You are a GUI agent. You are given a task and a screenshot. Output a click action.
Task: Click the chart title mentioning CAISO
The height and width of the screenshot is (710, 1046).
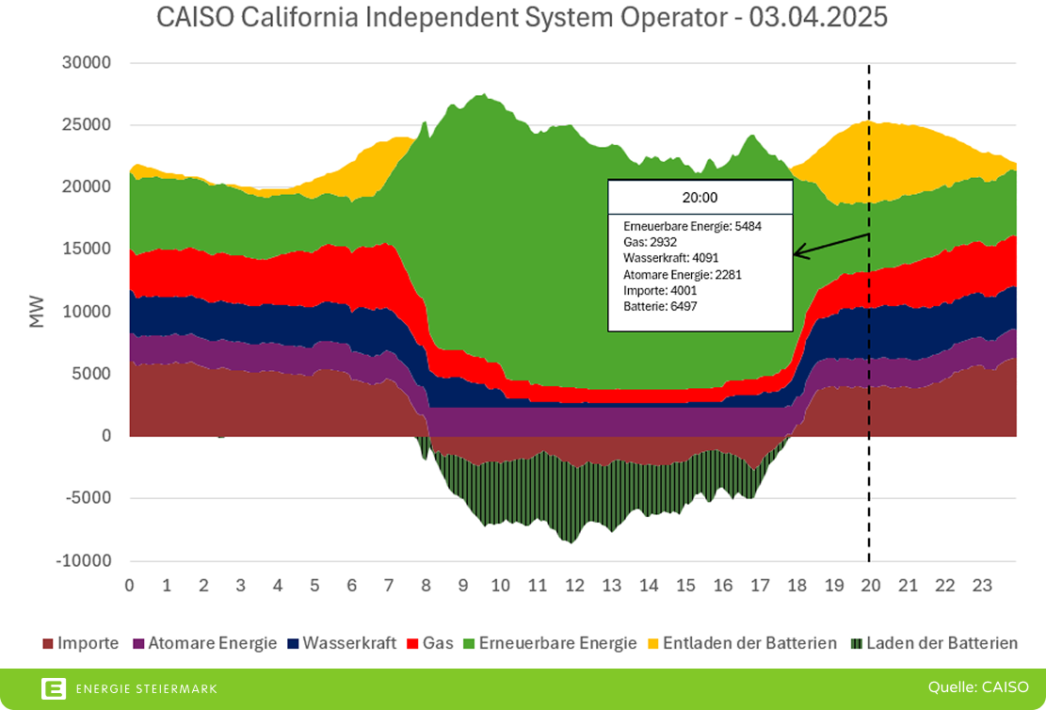[x=523, y=18]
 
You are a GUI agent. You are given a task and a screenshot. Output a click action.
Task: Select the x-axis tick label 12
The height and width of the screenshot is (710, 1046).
[x=574, y=586]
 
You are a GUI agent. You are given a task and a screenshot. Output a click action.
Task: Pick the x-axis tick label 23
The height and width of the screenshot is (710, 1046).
[x=982, y=586]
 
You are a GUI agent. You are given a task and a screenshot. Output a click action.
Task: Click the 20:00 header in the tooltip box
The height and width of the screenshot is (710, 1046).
[x=700, y=197]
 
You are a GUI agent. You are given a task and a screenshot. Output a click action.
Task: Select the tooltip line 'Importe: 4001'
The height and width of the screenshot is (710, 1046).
[x=660, y=290]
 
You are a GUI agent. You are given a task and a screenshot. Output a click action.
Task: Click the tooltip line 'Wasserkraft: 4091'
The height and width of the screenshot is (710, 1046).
[x=669, y=258]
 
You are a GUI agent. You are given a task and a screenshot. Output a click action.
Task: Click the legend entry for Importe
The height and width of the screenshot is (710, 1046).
[x=81, y=644]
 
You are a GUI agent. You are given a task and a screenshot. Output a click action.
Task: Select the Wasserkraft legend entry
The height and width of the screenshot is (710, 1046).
[x=342, y=644]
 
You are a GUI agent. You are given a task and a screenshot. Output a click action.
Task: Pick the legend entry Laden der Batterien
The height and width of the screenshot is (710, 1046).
[x=933, y=644]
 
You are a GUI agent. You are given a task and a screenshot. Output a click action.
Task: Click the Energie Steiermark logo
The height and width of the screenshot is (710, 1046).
[x=129, y=689]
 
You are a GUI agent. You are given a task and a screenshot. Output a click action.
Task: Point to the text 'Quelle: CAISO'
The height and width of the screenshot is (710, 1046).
[x=978, y=687]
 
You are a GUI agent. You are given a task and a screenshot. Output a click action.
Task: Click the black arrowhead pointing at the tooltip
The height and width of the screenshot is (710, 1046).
[x=798, y=252]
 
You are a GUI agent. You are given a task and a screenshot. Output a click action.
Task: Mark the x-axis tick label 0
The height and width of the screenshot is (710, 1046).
[x=129, y=586]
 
